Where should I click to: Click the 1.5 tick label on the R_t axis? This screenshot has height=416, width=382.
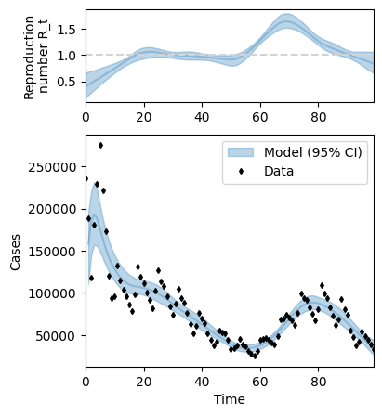click(x=67, y=29)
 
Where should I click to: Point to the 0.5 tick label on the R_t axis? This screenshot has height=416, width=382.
click(x=67, y=82)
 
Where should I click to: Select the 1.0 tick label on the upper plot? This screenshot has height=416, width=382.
click(x=67, y=56)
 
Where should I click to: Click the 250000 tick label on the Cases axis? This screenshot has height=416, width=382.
click(x=52, y=167)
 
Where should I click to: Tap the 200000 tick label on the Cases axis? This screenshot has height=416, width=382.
click(x=52, y=209)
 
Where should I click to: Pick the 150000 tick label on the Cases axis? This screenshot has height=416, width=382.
click(x=52, y=252)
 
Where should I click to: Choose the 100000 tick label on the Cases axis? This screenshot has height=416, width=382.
click(x=52, y=293)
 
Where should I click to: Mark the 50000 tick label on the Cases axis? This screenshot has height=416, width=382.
click(x=56, y=336)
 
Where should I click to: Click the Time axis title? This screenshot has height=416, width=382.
click(x=230, y=399)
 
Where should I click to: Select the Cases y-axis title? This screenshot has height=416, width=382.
click(x=15, y=253)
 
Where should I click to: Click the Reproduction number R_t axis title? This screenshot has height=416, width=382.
click(x=35, y=58)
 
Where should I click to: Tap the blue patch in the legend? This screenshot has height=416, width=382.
click(x=241, y=152)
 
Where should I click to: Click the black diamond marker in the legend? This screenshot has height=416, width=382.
click(x=241, y=172)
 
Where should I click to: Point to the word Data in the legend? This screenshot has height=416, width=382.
click(x=279, y=171)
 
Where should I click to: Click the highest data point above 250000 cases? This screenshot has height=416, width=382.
click(x=100, y=145)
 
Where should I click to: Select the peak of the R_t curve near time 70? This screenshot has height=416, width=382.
click(x=286, y=21)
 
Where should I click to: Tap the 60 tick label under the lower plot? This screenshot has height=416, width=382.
click(x=260, y=382)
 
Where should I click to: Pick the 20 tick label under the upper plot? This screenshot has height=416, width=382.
click(x=144, y=117)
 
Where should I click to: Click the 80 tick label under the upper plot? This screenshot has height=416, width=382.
click(x=318, y=117)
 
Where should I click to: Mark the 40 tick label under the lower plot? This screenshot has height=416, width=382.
click(x=202, y=382)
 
